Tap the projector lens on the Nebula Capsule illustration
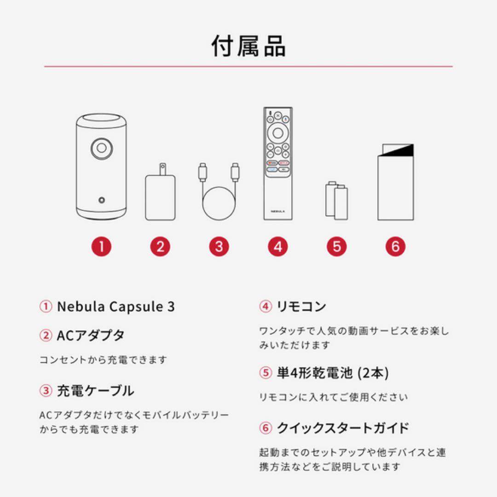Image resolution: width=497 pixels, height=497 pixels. coord(101,148)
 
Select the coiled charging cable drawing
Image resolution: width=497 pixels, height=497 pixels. coord(219,193)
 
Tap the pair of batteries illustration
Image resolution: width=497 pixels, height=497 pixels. coord(336,201)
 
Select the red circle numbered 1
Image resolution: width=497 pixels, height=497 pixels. coord(101,247)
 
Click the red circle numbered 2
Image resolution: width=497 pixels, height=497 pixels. coord(160,247)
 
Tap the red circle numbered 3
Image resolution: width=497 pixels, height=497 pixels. coord(219,247)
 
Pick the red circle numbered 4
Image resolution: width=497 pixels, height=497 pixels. coord(277,247)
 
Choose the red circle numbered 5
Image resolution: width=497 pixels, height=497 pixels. coord(336,247)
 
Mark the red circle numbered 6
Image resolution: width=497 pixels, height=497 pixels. coord(395,247)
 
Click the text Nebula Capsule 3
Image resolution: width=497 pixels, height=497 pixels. coord(116,307)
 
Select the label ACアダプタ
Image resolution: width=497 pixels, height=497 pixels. coord(90,335)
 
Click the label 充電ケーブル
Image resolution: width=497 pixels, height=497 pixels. coord(95,391)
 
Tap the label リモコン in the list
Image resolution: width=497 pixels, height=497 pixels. coord(301,306)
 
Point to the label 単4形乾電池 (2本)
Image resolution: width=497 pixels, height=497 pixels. coord(332,373)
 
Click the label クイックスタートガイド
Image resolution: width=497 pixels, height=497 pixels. coord(342,428)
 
